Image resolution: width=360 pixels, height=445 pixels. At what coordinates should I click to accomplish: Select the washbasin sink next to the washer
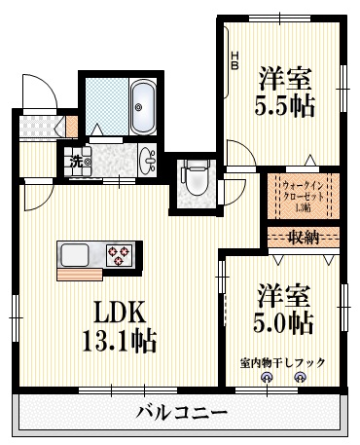(148, 160)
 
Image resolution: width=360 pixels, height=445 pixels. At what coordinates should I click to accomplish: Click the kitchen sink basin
(76, 255)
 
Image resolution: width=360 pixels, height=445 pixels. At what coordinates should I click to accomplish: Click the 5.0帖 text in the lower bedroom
(285, 320)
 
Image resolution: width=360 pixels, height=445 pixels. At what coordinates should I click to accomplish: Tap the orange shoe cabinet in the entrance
(72, 126)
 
